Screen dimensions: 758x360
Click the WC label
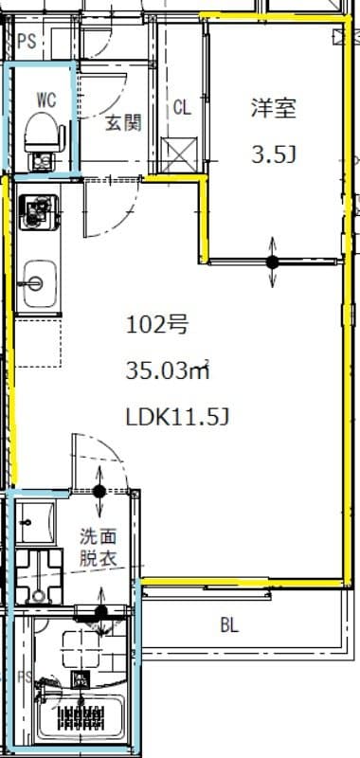point(45,98)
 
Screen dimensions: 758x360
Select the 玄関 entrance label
point(123,122)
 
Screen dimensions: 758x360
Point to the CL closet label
point(181,108)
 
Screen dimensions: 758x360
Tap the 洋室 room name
point(274,108)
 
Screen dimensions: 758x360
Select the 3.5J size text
point(274,153)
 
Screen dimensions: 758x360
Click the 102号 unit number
point(157,326)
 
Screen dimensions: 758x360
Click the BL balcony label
point(229,625)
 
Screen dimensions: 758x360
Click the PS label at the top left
point(27,42)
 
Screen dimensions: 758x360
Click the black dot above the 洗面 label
point(99,491)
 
